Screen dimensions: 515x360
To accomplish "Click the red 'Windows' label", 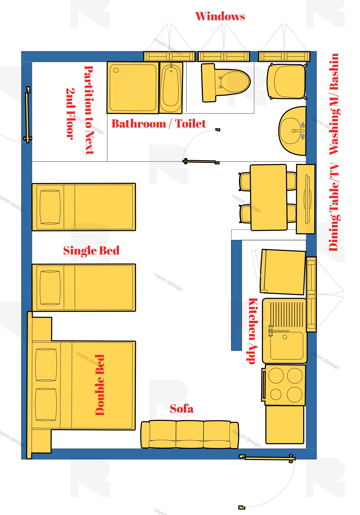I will point(220,16).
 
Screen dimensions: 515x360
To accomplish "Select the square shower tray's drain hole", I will point(116,70).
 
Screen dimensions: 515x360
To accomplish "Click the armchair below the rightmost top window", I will point(287,81).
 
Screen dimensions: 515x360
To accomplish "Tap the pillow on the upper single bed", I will point(50,207).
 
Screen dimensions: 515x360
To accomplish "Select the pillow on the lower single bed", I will point(50,288).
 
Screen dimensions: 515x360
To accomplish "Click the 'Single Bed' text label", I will point(91,250).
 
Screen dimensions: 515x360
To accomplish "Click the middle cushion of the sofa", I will point(190,434).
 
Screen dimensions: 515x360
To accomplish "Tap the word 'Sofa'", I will point(182,409).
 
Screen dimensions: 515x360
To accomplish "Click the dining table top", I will point(268,197).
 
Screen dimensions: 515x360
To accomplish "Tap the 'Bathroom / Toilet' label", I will point(159,124).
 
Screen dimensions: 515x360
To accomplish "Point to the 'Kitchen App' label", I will point(253,331).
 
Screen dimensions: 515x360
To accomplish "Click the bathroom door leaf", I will point(200,162).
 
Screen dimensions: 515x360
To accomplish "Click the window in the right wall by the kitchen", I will point(311,294).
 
